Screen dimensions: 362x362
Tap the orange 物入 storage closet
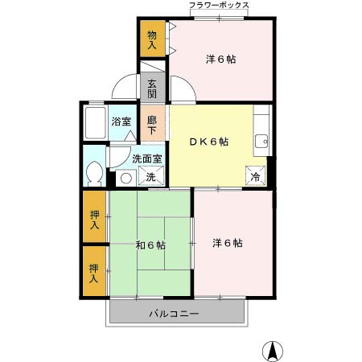[152, 38]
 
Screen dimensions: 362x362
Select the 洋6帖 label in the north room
[221, 60]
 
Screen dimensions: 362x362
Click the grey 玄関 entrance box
[151, 87]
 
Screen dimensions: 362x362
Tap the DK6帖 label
[208, 142]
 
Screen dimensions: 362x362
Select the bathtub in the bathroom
[94, 123]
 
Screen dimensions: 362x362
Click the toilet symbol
[93, 172]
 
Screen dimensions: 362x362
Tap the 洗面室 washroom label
[147, 159]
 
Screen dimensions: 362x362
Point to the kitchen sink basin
[261, 143]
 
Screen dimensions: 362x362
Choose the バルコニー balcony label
[173, 312]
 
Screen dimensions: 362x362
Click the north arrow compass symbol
[273, 351]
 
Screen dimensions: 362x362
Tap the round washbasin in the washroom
[125, 178]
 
